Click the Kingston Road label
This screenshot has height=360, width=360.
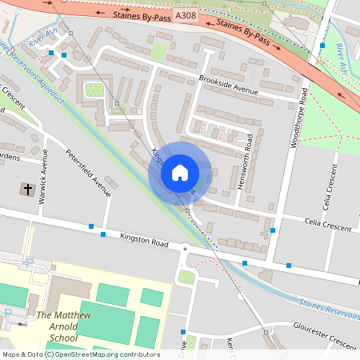click(x=146, y=239)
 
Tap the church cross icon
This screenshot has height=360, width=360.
click(x=27, y=190)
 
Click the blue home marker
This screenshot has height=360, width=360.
click(x=180, y=173)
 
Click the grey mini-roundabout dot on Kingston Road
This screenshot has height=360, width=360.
click(x=185, y=250)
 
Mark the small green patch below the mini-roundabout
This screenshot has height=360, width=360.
click(x=187, y=277)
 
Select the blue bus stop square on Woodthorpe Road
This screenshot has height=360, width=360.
click(x=322, y=46)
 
